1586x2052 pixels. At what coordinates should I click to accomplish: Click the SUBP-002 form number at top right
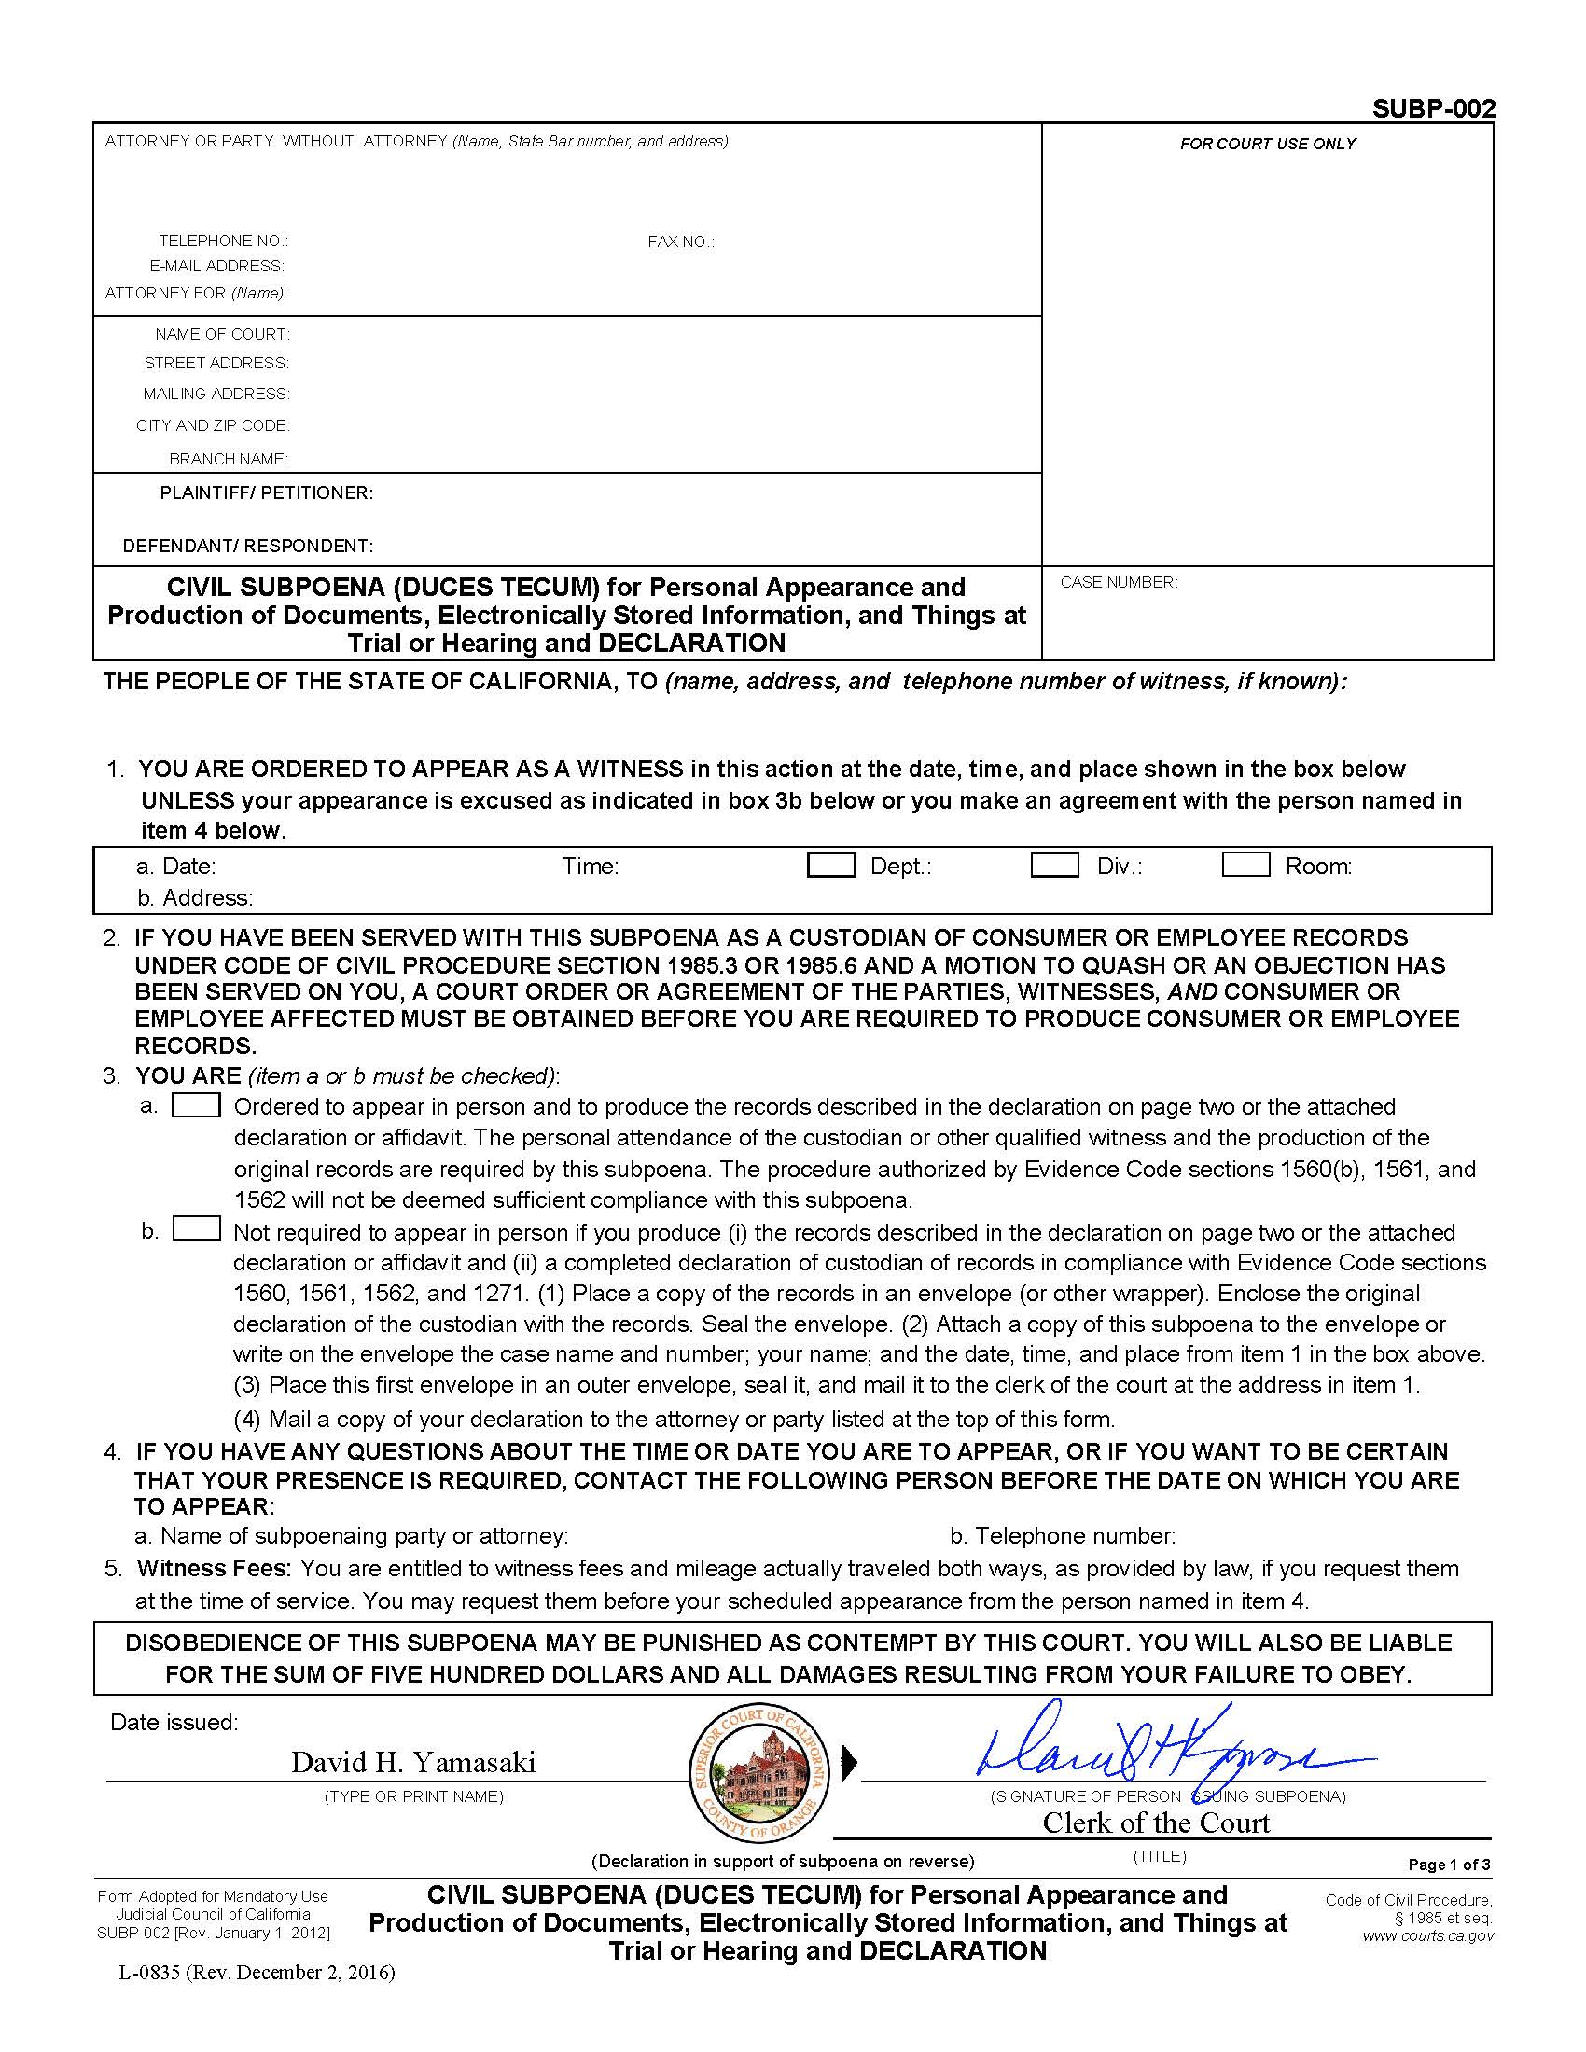[1433, 109]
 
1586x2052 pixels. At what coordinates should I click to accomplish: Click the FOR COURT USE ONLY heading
[1268, 144]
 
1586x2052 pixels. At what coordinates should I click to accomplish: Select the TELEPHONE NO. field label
[223, 241]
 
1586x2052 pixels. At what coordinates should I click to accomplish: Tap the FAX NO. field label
[680, 242]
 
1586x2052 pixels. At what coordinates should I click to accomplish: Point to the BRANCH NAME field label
[229, 459]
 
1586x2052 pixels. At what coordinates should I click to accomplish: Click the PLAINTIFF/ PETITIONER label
[266, 493]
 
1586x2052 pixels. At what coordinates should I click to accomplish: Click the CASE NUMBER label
[1118, 583]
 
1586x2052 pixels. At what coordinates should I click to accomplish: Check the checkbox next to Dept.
[830, 865]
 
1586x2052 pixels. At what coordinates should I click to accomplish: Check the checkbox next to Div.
[1054, 865]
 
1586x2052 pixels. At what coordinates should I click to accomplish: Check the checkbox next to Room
[1245, 865]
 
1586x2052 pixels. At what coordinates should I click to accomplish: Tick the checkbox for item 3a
[196, 1105]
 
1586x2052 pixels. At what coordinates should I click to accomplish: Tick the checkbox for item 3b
[196, 1229]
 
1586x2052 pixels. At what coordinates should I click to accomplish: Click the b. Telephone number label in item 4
[1062, 1535]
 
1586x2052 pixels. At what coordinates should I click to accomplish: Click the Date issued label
[174, 1722]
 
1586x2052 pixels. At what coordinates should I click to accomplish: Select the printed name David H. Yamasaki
[413, 1762]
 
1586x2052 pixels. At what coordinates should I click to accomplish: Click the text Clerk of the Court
[1156, 1823]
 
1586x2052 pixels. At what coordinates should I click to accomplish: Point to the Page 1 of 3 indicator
[1448, 1865]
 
